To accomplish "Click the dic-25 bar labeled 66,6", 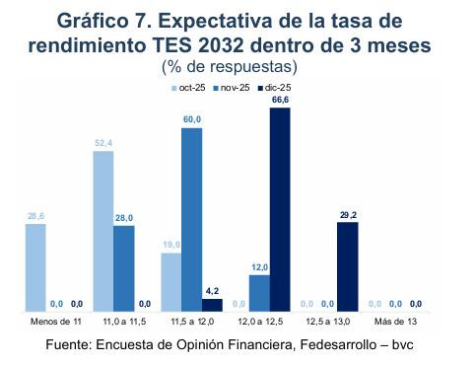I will (280, 208).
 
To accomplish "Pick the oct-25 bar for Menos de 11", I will (35, 267).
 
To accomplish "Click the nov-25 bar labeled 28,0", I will (124, 268).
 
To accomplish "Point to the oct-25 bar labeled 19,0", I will (170, 281).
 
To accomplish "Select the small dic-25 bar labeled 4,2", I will (212, 304).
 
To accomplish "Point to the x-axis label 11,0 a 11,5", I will (124, 321).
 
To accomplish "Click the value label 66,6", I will (280, 100).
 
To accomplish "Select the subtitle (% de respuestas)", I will (228, 67).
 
